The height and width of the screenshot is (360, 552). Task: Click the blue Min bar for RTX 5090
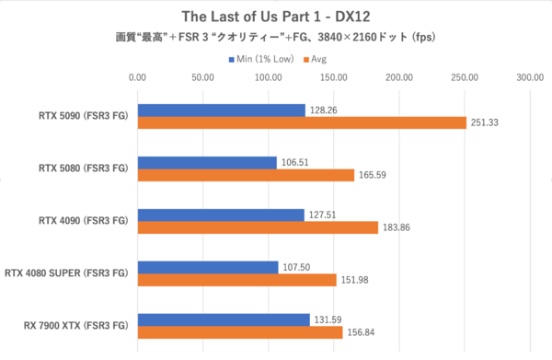click(x=221, y=110)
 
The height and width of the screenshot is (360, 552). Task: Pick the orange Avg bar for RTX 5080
click(x=246, y=175)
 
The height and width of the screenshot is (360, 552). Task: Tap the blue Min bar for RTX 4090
click(x=221, y=215)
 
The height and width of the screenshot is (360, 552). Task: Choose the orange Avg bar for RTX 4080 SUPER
click(x=236, y=280)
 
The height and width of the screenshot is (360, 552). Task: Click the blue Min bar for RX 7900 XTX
click(x=224, y=319)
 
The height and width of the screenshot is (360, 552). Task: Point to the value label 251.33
click(x=485, y=123)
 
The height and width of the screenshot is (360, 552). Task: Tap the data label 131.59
click(x=328, y=319)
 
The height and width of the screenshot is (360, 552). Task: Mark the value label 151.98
click(x=355, y=280)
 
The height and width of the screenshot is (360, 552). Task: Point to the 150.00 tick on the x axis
click(x=334, y=79)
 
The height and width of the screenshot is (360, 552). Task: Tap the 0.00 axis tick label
click(x=138, y=79)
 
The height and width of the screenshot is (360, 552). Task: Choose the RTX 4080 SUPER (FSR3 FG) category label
click(x=67, y=273)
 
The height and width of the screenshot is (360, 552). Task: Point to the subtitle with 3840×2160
click(x=275, y=39)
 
